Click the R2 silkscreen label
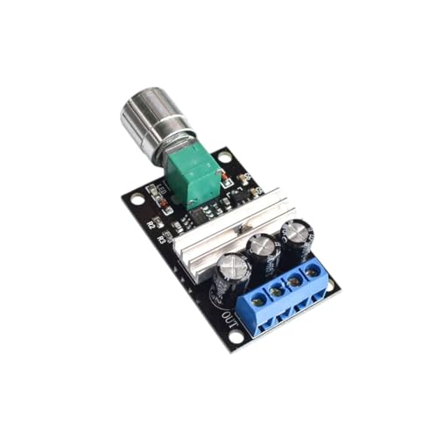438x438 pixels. (150, 225)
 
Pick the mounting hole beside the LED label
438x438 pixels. (138, 200)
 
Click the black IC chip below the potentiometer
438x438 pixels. (200, 213)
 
